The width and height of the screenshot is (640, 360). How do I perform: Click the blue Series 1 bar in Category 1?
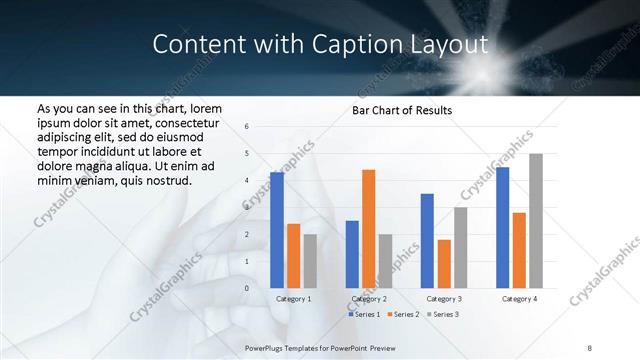(277, 230)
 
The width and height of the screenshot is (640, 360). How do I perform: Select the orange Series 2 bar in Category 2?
(368, 229)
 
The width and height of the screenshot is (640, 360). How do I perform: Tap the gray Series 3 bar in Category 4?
(536, 221)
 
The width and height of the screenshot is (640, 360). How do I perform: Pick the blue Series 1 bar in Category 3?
(427, 241)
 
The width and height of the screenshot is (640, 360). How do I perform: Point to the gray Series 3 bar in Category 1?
(310, 261)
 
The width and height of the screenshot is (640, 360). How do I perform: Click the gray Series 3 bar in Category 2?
(385, 261)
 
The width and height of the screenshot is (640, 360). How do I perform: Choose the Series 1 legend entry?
(364, 315)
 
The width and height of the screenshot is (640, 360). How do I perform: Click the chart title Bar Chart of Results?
(402, 110)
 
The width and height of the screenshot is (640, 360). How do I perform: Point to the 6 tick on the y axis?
(247, 126)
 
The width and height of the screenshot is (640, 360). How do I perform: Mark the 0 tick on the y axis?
(247, 288)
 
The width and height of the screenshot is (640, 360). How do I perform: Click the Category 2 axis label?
(369, 299)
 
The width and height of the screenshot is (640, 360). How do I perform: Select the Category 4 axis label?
(519, 299)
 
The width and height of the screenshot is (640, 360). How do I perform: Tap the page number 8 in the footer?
(590, 347)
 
